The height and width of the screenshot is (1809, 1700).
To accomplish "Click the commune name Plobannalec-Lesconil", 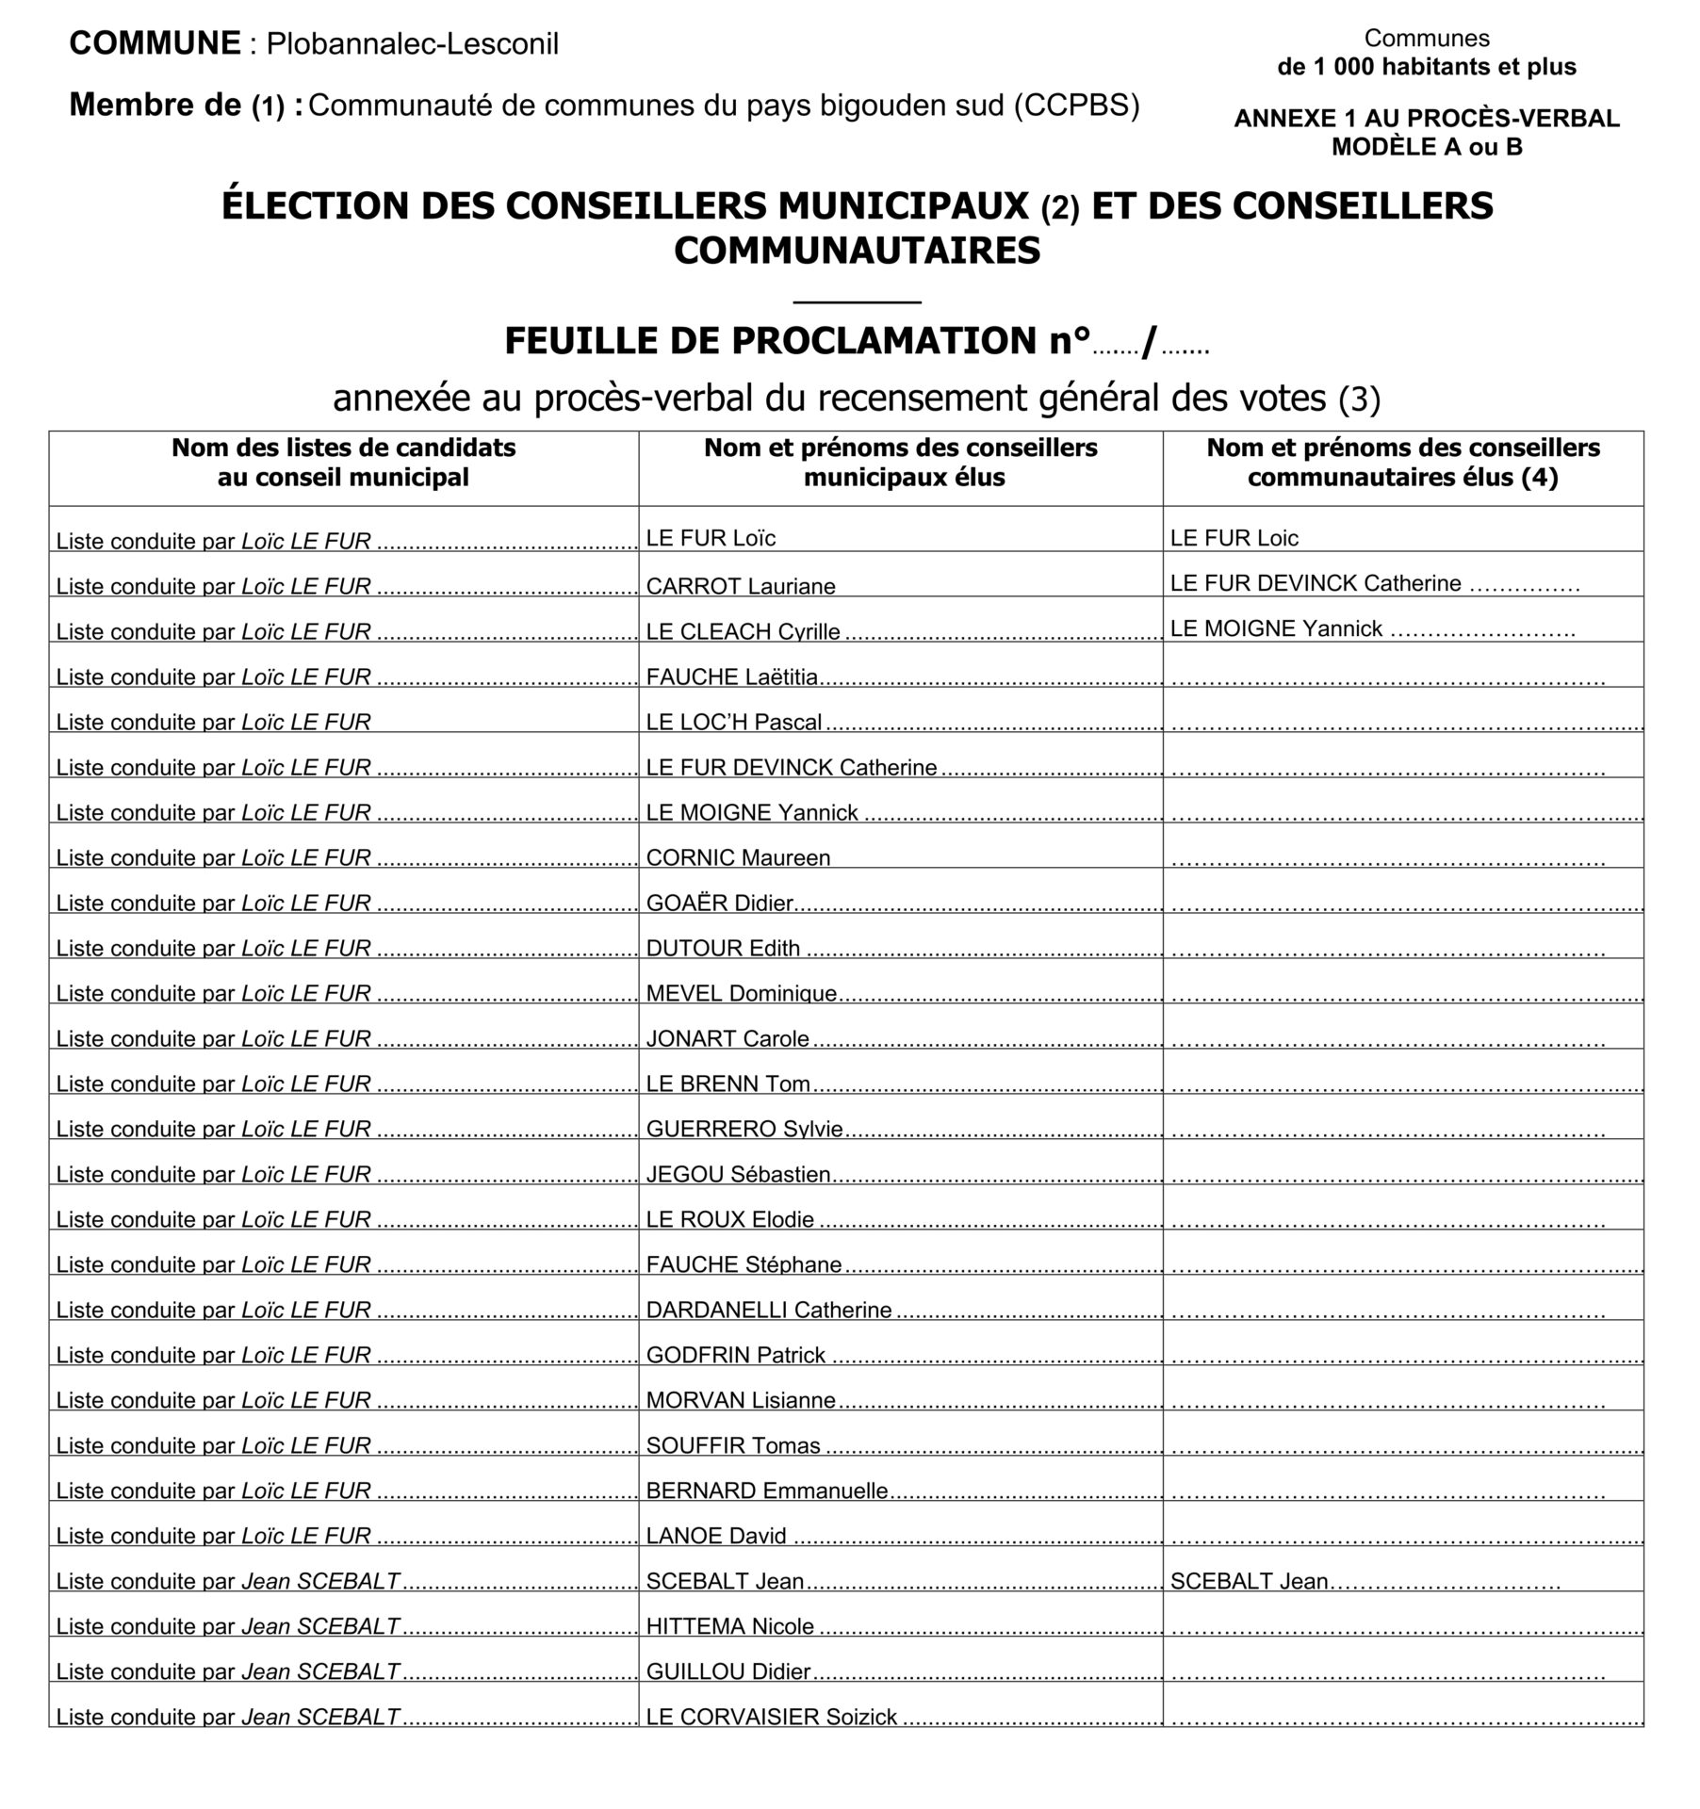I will [412, 44].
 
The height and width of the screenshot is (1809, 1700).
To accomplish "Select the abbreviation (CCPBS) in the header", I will [1076, 106].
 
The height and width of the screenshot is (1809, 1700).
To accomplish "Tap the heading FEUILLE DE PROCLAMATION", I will [796, 341].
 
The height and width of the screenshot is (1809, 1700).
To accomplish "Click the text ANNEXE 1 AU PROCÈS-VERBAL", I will [1427, 119].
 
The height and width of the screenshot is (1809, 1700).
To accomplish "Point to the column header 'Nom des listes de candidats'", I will [343, 448].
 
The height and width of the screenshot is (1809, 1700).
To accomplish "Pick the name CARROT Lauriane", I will [741, 587].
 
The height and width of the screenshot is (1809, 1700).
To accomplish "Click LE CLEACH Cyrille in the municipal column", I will [743, 632].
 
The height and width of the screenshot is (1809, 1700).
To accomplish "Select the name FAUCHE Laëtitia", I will [732, 677].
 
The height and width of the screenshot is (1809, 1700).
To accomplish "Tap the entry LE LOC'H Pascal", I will [734, 723].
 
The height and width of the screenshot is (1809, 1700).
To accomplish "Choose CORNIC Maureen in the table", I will [738, 858].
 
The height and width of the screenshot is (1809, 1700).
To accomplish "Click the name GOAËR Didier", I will [720, 904].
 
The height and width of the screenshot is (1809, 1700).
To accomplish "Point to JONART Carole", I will [727, 1039].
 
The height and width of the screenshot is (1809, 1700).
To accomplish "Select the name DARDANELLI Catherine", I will [769, 1311].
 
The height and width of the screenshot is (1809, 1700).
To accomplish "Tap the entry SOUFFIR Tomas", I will [733, 1446].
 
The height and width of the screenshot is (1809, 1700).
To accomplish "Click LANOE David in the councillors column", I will [716, 1537].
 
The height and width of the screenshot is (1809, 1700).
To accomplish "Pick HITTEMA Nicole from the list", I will [730, 1627].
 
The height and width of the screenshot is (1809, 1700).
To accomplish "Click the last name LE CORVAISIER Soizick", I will [772, 1718].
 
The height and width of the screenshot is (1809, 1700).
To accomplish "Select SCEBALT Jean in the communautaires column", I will [1249, 1582].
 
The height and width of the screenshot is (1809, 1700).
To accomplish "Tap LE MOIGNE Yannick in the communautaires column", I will [1276, 629].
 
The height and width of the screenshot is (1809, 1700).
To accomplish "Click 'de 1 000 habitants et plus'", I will [1427, 67].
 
